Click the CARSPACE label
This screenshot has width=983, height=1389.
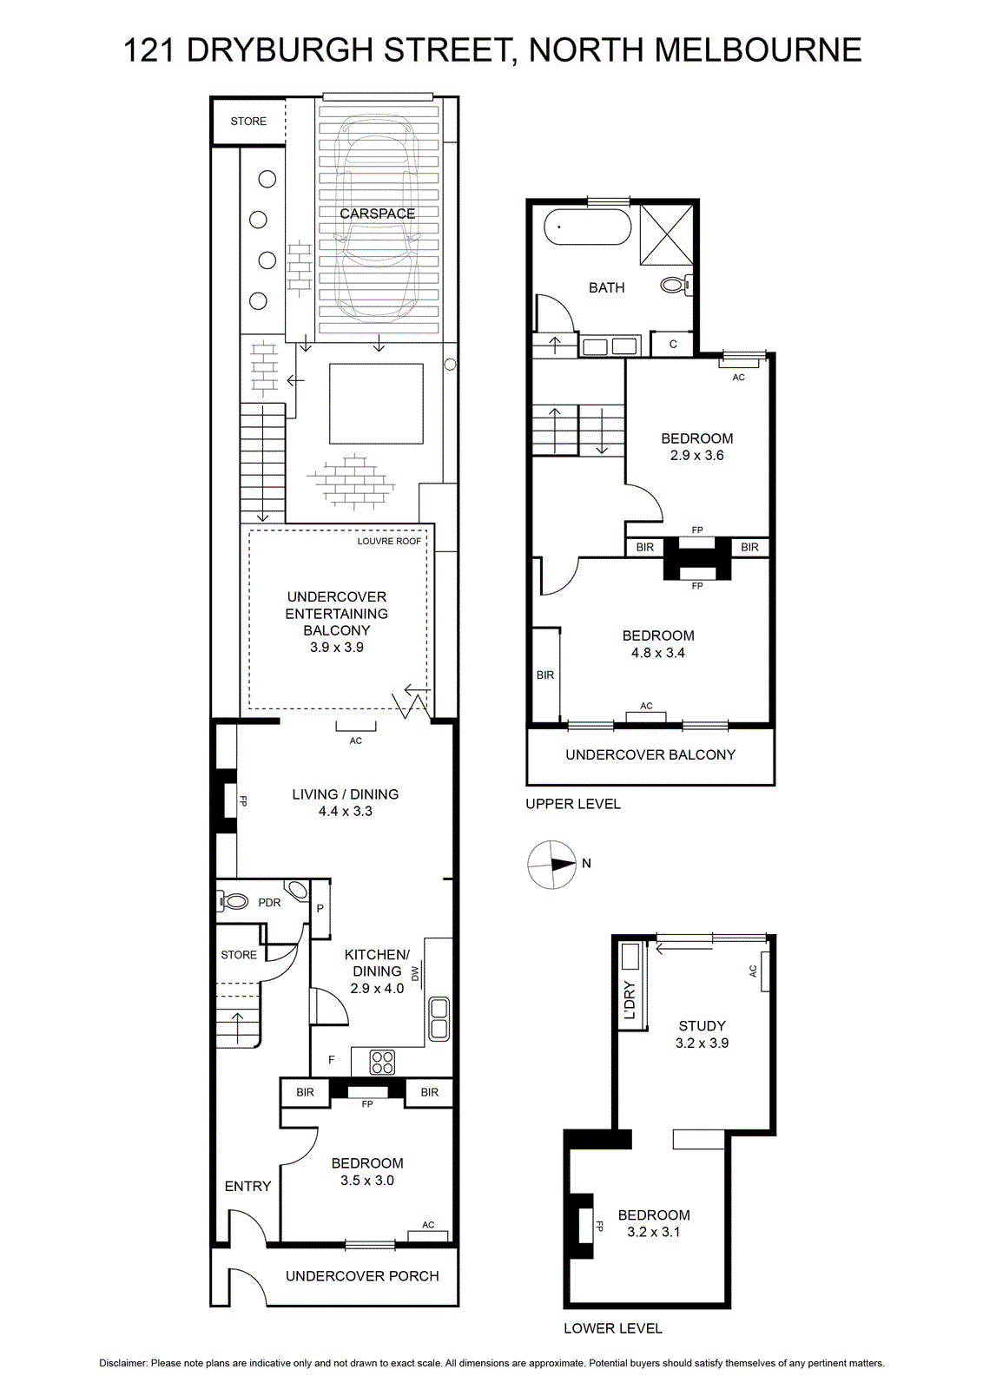(377, 214)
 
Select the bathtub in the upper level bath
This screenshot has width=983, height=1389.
(587, 227)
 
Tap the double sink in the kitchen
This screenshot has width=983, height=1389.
(439, 1019)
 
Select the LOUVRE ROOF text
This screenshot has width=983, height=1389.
(389, 542)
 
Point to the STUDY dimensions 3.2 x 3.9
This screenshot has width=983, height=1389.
(702, 1043)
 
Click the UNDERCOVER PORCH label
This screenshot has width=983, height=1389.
(362, 1276)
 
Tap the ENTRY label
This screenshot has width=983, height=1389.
(247, 1186)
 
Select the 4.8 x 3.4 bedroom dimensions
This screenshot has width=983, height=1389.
(658, 652)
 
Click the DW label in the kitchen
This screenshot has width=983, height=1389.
(415, 973)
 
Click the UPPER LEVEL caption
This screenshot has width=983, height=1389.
(573, 804)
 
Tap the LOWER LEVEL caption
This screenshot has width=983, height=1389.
(613, 1328)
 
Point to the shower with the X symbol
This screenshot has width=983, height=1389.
(666, 234)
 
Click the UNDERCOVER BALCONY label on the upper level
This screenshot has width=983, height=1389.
(650, 754)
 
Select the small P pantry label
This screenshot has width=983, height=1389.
(320, 908)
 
